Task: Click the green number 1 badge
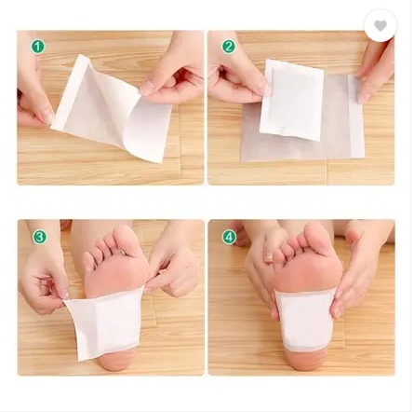38,47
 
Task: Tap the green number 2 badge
228,47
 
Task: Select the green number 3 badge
40,237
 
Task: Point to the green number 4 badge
229,238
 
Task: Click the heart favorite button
381,26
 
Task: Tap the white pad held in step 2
291,100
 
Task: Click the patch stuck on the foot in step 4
305,320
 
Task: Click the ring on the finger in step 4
269,258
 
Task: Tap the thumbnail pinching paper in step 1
148,88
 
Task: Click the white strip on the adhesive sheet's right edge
356,116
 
